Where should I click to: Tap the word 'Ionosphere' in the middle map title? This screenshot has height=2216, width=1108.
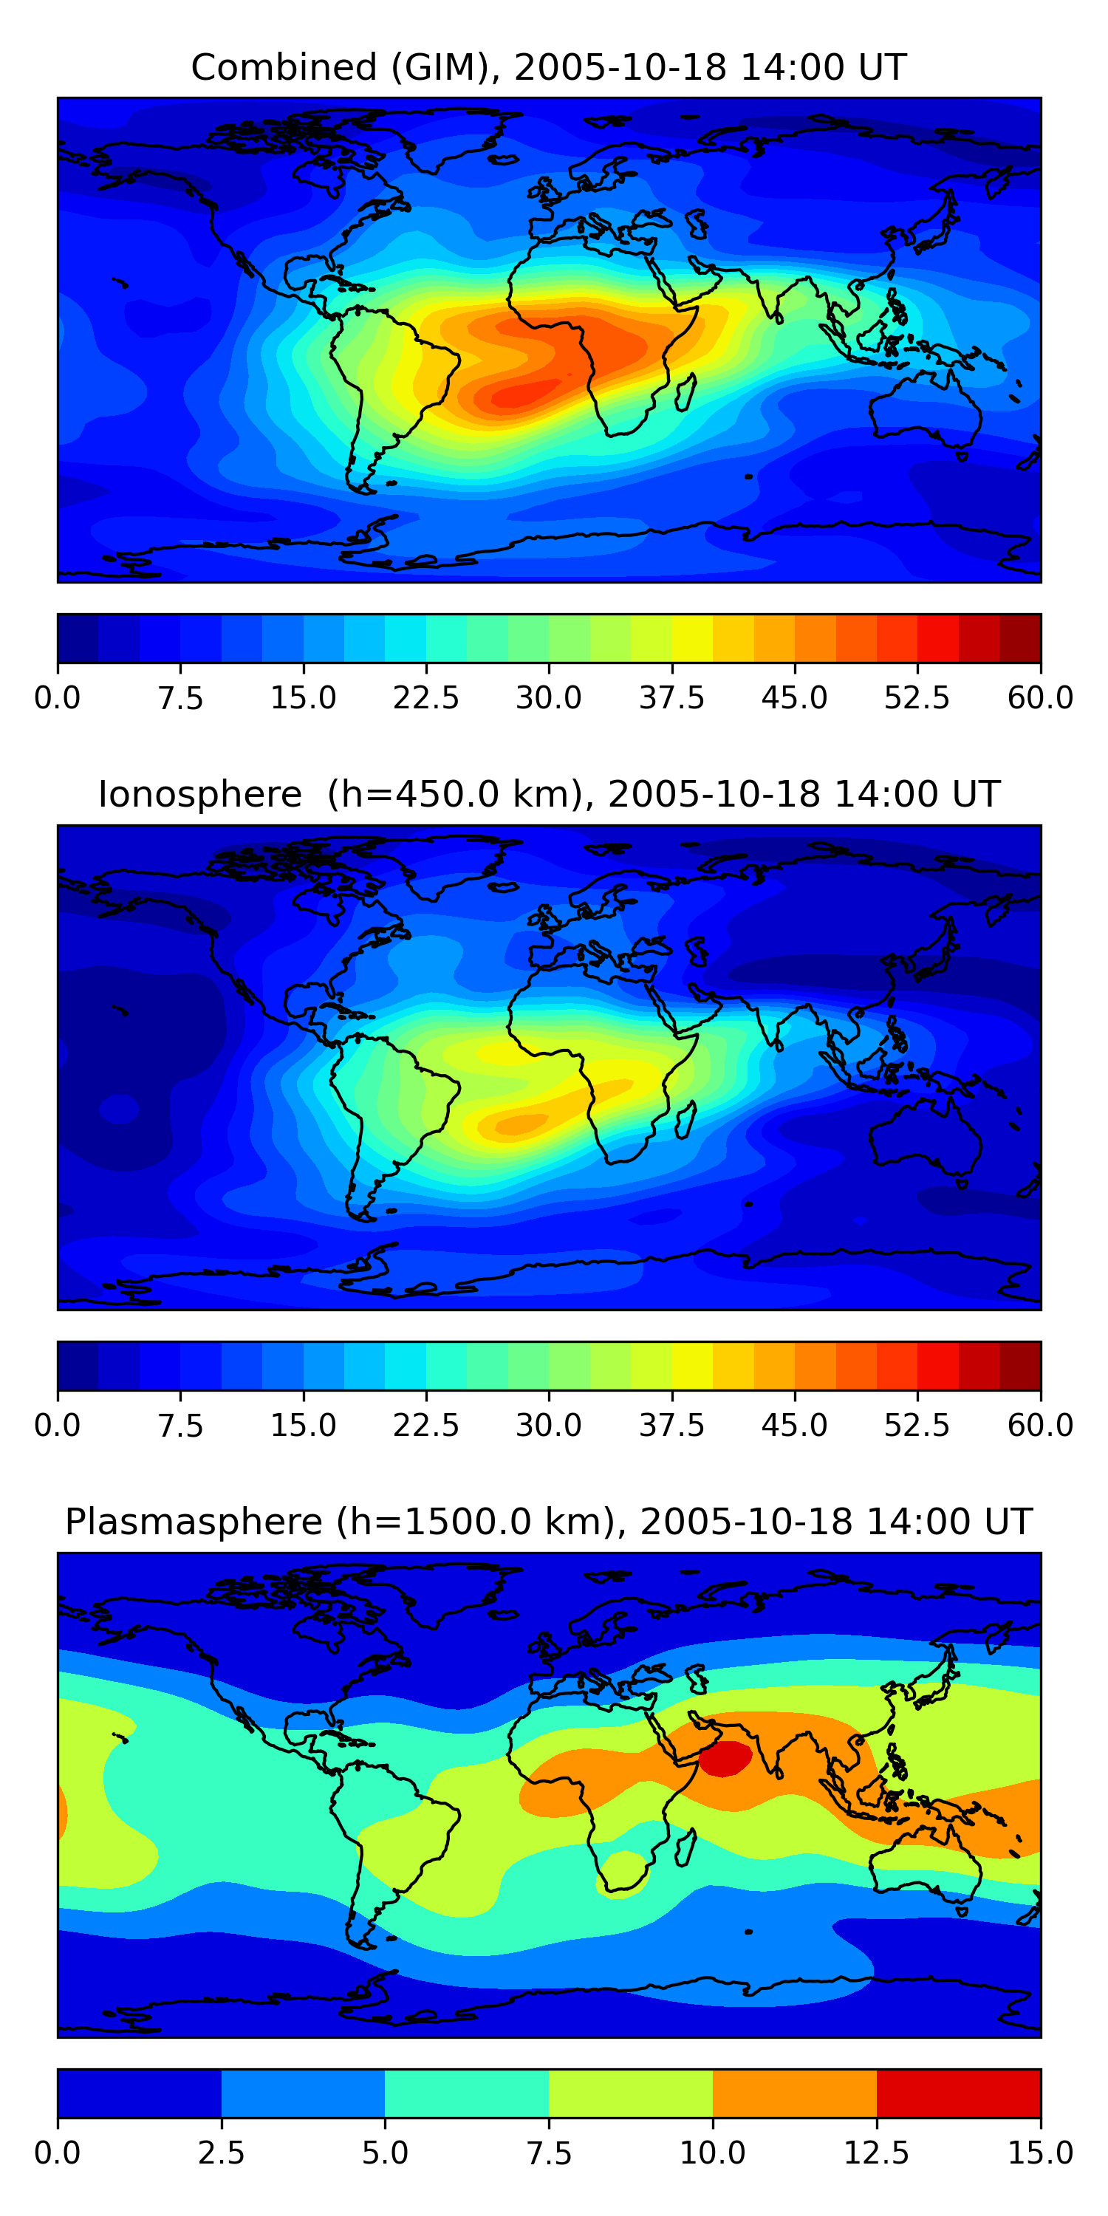pos(199,794)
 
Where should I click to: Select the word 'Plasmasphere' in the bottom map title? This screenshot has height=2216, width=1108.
pos(194,1522)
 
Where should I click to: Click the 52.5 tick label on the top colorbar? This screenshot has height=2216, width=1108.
pos(917,697)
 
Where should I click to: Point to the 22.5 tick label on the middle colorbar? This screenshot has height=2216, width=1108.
pos(425,1426)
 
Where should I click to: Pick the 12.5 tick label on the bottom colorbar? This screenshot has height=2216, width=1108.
pos(877,2153)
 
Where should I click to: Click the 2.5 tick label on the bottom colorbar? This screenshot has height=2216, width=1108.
pos(221,2153)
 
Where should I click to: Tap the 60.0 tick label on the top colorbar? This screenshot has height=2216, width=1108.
pos(1041,697)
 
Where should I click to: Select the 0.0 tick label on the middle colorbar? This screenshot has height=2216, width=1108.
pos(58,1426)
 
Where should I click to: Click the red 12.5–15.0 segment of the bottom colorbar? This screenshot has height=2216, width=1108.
pos(958,2093)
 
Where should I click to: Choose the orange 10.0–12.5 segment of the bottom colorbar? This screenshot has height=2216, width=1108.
pos(795,2093)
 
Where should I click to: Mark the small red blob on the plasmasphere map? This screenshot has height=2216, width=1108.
pos(725,1758)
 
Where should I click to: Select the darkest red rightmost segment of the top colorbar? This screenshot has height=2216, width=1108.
pos(1020,638)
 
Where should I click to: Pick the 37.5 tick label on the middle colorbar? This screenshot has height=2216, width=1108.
pos(672,1426)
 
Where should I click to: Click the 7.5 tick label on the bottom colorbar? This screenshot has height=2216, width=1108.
pos(549,2153)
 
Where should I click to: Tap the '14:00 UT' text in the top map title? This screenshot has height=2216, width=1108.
pos(824,67)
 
